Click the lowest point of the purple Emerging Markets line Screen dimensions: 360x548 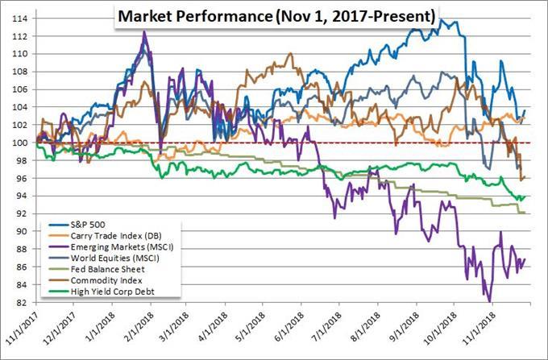click(x=491, y=301)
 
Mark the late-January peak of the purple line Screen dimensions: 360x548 click(x=144, y=32)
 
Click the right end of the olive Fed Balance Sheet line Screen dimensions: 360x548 click(x=525, y=213)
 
